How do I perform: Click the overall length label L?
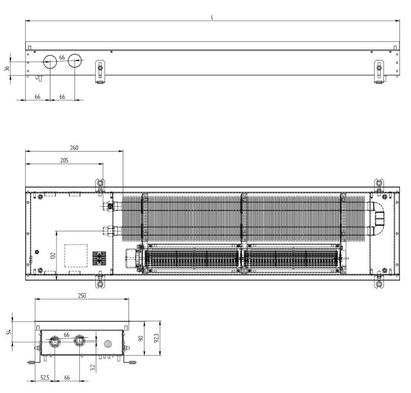212,17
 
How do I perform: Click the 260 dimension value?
74,147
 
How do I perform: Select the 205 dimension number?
64,160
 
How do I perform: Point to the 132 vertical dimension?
53,255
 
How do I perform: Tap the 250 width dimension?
82,295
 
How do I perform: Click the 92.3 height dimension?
157,338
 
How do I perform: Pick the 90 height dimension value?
141,338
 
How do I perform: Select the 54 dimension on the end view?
9,332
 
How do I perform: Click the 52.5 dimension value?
45,378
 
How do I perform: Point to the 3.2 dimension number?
93,367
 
